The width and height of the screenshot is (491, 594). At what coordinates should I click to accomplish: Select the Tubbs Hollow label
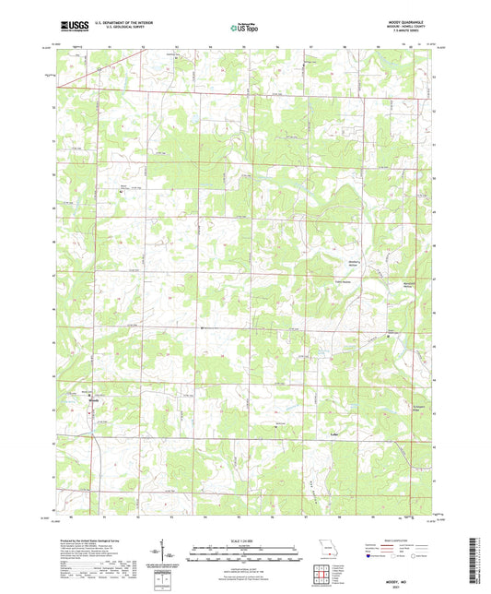pos(342,282)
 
